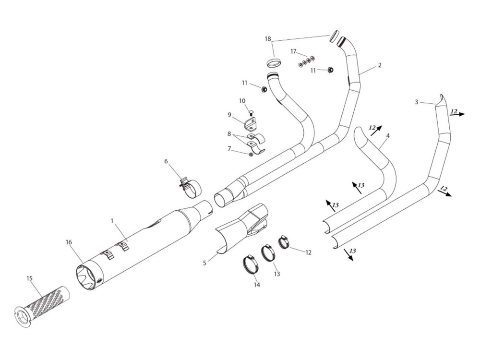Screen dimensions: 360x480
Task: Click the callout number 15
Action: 30,278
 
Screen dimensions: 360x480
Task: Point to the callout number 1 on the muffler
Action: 112,221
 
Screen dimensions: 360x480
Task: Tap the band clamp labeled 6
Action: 190,188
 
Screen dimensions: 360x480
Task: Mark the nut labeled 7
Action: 250,154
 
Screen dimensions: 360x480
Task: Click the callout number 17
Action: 294,51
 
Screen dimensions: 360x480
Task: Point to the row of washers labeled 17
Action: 306,61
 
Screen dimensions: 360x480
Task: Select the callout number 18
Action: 267,38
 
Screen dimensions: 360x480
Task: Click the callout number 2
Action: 379,65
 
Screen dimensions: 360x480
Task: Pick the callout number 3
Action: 417,102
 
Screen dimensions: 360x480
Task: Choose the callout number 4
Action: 387,136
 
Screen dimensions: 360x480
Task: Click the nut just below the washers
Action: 330,71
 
